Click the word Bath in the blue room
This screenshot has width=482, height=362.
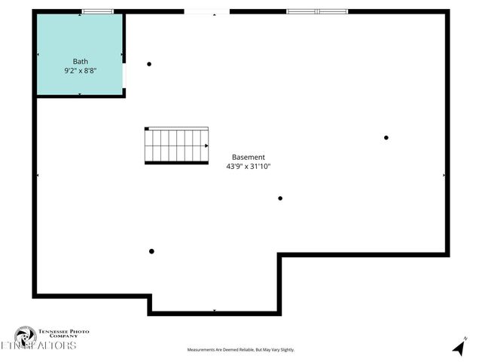pyautogui.click(x=81, y=61)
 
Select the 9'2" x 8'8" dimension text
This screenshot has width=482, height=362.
pyautogui.click(x=81, y=70)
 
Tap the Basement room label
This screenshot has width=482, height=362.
pyautogui.click(x=248, y=157)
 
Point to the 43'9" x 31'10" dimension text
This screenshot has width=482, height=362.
pyautogui.click(x=248, y=166)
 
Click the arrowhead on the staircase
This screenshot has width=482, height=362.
pyautogui.click(x=206, y=146)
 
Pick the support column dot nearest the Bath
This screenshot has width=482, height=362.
pyautogui.click(x=149, y=64)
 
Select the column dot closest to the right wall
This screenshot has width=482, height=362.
pyautogui.click(x=386, y=137)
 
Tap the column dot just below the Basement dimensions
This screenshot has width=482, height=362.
pyautogui.click(x=280, y=198)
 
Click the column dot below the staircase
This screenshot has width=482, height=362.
pyautogui.click(x=151, y=251)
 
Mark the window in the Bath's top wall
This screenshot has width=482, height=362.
pyautogui.click(x=98, y=11)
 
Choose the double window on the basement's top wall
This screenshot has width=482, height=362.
pyautogui.click(x=317, y=11)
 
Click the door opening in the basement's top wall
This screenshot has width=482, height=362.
pyautogui.click(x=206, y=11)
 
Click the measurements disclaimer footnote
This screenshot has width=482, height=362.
pyautogui.click(x=241, y=350)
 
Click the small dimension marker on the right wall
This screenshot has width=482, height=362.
pyautogui.click(x=444, y=175)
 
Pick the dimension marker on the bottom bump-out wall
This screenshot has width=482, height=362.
pyautogui.click(x=215, y=311)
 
